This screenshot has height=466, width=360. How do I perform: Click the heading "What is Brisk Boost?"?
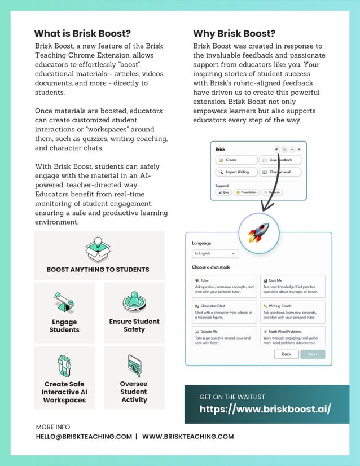tap(82, 33)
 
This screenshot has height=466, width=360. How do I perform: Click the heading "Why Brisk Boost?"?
tap(234, 33)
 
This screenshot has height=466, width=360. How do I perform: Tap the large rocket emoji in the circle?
tap(258, 232)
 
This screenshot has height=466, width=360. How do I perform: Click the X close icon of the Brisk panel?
tap(299, 150)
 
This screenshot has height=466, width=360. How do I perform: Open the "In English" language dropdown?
tap(216, 254)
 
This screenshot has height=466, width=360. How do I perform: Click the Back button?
tap(286, 354)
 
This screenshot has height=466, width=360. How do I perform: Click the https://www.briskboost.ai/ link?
tap(265, 409)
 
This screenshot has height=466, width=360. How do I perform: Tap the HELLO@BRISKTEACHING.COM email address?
tap(84, 436)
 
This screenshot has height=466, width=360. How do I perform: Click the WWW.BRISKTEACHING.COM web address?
tap(188, 436)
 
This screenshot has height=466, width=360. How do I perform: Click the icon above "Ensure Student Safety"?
tap(134, 302)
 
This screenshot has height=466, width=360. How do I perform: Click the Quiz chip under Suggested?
tap(224, 192)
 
